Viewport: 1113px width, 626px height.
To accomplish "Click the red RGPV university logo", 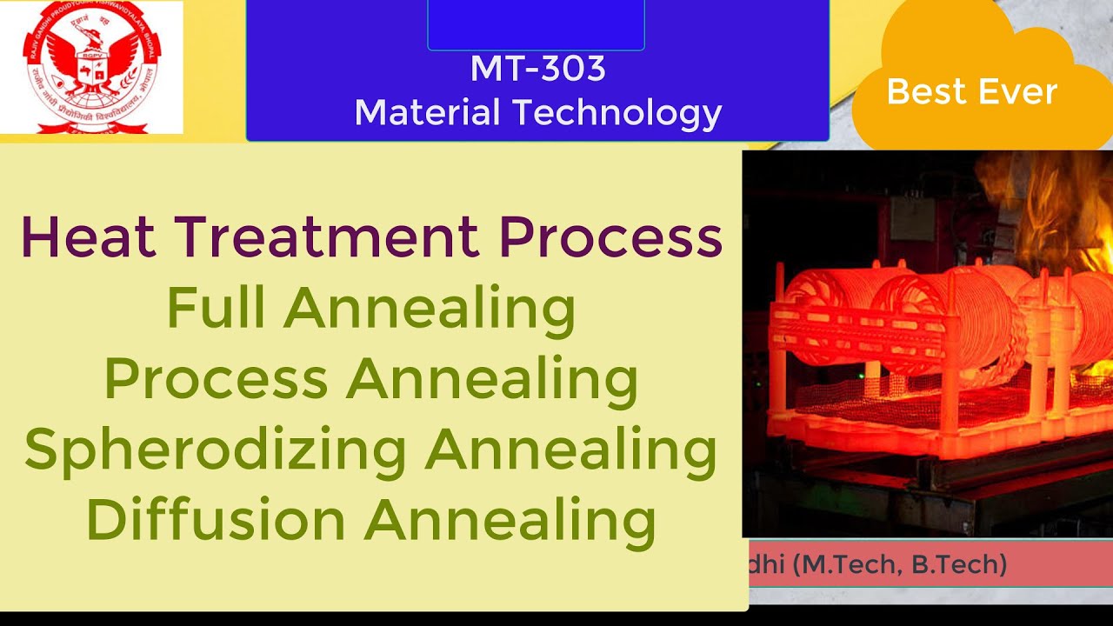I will pos(91,68).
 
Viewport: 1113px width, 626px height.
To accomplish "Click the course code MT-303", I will pos(537,70).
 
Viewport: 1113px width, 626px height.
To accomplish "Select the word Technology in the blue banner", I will pos(616,113).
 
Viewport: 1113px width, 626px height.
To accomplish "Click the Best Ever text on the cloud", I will pos(971,91).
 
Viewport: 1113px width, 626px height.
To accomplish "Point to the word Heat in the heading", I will pos(87,236).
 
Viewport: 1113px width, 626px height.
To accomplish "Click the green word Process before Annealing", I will pos(216,380).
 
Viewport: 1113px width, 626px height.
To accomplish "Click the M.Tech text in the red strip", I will pos(856,566).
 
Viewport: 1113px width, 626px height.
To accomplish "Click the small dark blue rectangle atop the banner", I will pos(536,24).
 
